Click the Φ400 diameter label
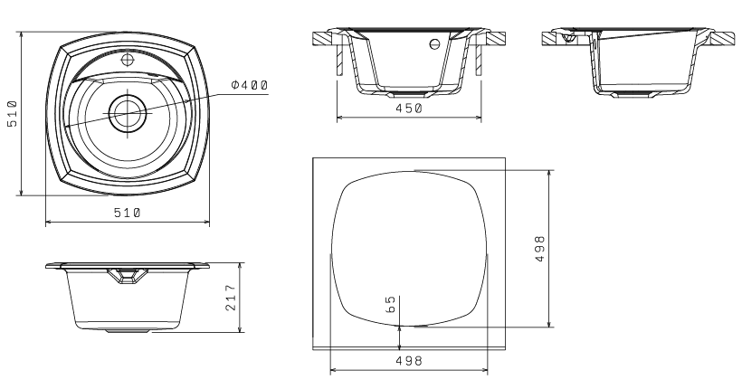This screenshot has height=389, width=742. [x=250, y=85]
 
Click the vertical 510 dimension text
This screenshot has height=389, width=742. [x=13, y=114]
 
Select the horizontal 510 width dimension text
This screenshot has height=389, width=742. [x=128, y=213]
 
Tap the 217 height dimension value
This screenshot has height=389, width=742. [x=231, y=298]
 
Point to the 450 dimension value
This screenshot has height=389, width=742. [x=409, y=109]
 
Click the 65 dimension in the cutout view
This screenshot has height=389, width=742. [x=391, y=304]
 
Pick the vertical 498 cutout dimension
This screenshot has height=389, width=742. [x=539, y=249]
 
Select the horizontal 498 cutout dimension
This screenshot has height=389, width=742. [x=409, y=361]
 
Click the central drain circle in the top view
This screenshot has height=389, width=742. [x=128, y=113]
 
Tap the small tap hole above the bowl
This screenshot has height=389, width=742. [x=128, y=60]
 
